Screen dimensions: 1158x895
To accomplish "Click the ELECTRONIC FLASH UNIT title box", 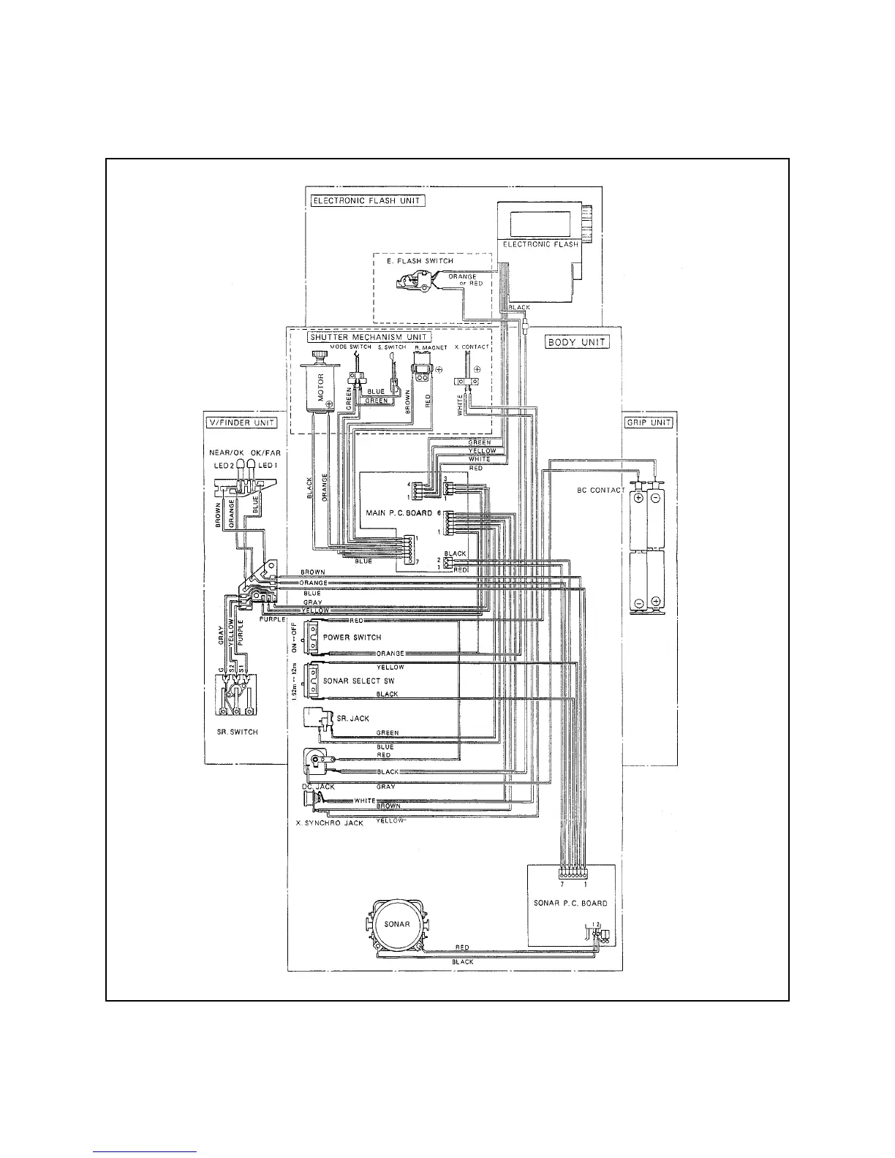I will pos(368,200).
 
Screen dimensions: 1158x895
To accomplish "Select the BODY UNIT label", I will pos(578,342).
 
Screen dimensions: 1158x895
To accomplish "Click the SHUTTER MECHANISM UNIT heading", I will pos(369,337).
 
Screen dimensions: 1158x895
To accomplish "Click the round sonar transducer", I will pos(397,924).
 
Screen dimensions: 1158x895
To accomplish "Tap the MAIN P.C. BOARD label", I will pos(399,513).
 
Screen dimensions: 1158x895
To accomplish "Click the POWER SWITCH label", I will pos(352,637).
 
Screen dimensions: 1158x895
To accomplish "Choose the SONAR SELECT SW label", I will pos(353,680).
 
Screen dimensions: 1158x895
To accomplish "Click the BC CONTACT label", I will pos(600,490).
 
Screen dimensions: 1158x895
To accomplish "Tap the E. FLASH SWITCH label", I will pos(420,260).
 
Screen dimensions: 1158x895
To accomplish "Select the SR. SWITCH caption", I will pos(238,732).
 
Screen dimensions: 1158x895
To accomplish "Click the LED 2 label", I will pos(223,466).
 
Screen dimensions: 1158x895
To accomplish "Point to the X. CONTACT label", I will pos(472,347).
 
